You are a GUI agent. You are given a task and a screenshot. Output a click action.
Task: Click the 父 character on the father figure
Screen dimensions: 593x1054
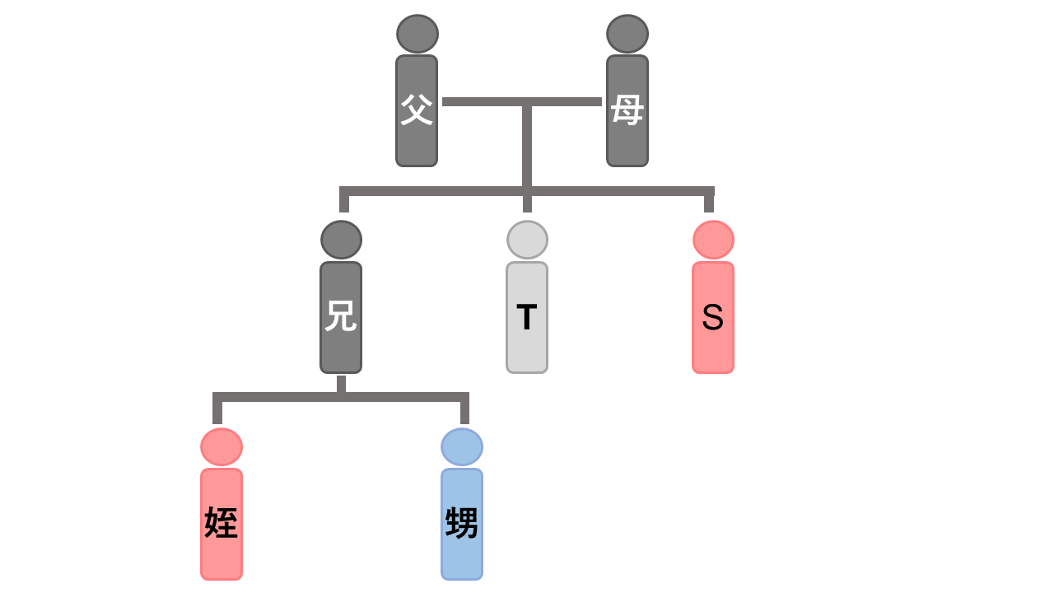click(x=417, y=110)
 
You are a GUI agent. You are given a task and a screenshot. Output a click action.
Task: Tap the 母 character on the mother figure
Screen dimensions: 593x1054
click(x=627, y=110)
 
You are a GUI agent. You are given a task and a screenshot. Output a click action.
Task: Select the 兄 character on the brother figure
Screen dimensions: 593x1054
click(x=341, y=316)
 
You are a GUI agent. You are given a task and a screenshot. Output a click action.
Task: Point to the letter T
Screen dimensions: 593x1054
click(x=527, y=318)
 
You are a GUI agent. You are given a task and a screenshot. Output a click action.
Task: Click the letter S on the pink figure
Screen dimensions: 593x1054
click(x=713, y=318)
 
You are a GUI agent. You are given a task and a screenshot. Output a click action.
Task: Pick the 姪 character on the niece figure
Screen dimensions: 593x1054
click(x=222, y=523)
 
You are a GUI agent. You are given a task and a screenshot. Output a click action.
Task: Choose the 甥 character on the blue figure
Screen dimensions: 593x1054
click(x=462, y=523)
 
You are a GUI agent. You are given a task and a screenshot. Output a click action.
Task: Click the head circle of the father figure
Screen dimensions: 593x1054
click(x=417, y=34)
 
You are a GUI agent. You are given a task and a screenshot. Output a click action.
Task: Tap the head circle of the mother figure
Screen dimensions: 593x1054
click(x=627, y=34)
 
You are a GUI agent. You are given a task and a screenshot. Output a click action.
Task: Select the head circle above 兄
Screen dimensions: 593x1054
click(x=341, y=240)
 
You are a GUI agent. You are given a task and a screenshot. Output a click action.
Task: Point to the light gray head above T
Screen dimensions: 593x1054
click(x=527, y=240)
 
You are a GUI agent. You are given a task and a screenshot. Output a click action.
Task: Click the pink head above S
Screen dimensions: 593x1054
click(x=713, y=240)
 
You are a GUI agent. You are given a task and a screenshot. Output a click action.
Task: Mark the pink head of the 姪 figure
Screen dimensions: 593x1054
click(x=222, y=446)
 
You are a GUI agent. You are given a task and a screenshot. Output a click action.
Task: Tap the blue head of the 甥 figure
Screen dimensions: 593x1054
click(x=462, y=446)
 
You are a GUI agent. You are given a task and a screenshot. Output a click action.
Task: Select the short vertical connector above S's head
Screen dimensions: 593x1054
click(x=709, y=203)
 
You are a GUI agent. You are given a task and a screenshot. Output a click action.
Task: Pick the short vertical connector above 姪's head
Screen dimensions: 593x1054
click(x=217, y=412)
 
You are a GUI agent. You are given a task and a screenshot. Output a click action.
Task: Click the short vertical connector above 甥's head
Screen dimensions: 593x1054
click(x=464, y=412)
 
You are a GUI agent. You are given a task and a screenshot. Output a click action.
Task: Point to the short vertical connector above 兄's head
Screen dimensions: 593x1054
click(x=344, y=203)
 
